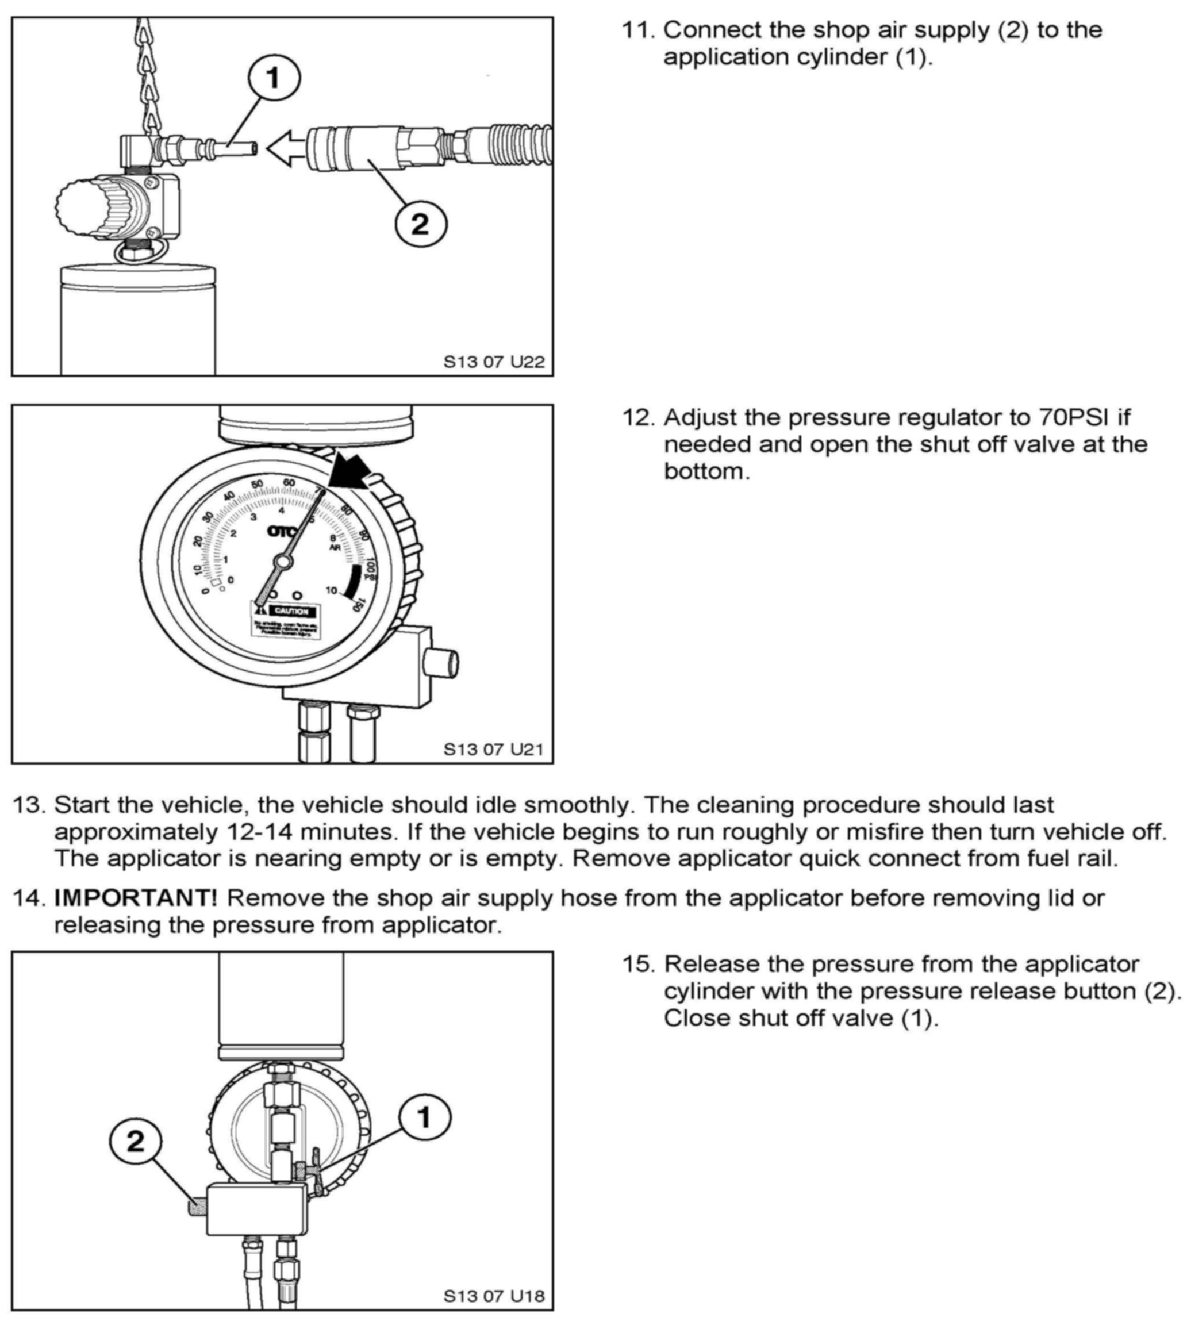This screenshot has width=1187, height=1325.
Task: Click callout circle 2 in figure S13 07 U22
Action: [421, 224]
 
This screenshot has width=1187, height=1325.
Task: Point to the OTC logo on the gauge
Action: [282, 531]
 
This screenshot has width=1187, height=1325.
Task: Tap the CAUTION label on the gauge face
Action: [291, 611]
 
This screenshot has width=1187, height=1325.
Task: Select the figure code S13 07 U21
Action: [493, 749]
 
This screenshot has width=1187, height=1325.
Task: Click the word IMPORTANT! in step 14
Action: [136, 898]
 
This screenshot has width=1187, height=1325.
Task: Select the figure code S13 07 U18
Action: [494, 1296]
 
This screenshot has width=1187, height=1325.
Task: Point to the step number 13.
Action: [29, 805]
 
